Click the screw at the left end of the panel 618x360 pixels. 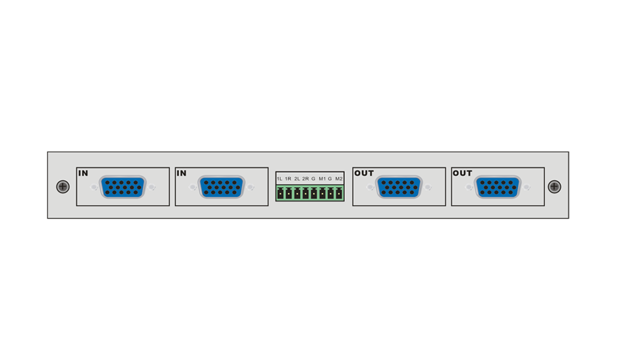(x=63, y=187)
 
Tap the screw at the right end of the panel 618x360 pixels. (x=554, y=187)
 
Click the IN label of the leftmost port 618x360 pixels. (x=83, y=173)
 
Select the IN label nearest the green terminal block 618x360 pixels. (x=182, y=173)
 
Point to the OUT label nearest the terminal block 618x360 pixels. (x=364, y=173)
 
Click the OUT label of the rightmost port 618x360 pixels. (x=463, y=173)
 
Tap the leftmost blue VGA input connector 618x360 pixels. (x=122, y=187)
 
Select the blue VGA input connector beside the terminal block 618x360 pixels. (x=221, y=187)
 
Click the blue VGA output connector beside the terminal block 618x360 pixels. (x=399, y=187)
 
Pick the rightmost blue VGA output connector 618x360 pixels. (x=497, y=187)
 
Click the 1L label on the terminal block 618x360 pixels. (x=280, y=179)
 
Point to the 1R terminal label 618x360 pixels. (x=288, y=179)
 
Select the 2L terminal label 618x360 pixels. (x=297, y=179)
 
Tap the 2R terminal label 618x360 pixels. (x=305, y=179)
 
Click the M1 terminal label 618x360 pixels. (x=322, y=179)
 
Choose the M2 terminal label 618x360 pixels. (x=339, y=179)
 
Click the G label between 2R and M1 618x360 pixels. (x=313, y=179)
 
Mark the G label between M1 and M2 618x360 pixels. (x=330, y=179)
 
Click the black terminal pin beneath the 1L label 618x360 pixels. (x=280, y=194)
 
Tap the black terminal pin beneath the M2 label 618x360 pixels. (x=339, y=194)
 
